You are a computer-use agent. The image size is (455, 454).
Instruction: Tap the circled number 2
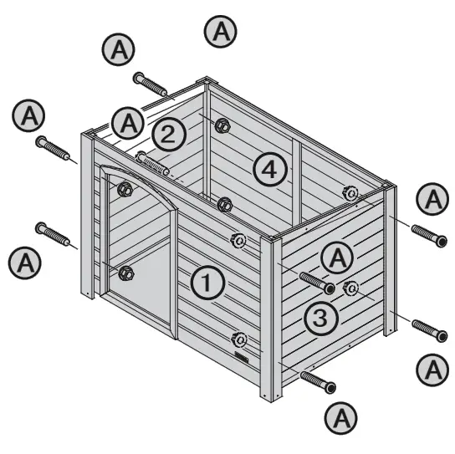pyautogui.click(x=168, y=134)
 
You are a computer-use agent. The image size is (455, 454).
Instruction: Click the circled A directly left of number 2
pyautogui.click(x=128, y=124)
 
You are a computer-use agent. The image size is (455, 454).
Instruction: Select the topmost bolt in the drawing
pyautogui.click(x=150, y=84)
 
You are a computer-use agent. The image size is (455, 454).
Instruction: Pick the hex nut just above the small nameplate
pyautogui.click(x=239, y=339)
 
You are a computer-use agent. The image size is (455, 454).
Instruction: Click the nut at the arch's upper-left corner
pyautogui.click(x=125, y=189)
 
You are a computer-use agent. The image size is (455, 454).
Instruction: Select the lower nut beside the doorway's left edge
pyautogui.click(x=127, y=272)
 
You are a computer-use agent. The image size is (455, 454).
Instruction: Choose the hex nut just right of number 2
pyautogui.click(x=222, y=126)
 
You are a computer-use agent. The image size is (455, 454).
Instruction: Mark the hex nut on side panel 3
pyautogui.click(x=351, y=288)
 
